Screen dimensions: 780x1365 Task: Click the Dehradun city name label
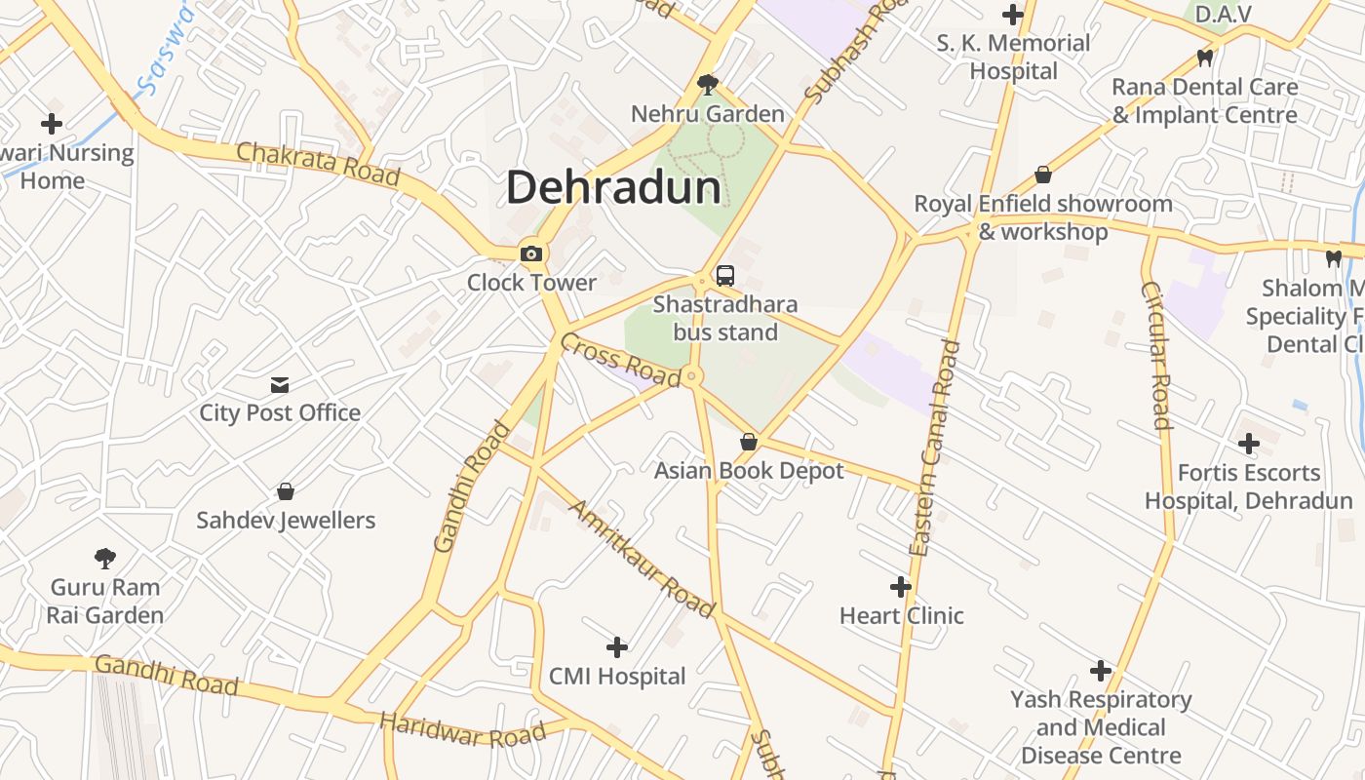click(x=613, y=187)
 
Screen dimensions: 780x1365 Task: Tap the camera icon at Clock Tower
click(x=531, y=254)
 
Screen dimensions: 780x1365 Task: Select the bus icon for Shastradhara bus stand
click(x=725, y=276)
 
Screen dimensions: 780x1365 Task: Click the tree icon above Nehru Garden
click(x=708, y=86)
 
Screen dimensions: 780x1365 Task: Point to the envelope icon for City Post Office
click(x=280, y=384)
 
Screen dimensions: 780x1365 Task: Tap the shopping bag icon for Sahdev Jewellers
click(x=286, y=491)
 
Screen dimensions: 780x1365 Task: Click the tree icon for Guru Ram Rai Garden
click(x=105, y=559)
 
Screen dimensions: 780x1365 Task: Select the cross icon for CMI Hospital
click(x=617, y=647)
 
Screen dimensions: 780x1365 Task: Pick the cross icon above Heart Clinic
click(x=901, y=587)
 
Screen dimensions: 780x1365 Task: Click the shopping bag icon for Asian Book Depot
click(x=749, y=442)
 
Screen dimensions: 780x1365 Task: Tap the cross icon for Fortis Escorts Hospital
click(x=1249, y=445)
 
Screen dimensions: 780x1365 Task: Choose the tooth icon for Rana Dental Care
click(x=1205, y=58)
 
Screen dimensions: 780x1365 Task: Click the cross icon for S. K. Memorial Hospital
click(x=1013, y=15)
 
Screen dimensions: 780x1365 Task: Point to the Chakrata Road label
click(x=318, y=164)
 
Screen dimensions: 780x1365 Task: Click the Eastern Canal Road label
click(x=935, y=448)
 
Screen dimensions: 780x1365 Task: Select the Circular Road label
click(x=1155, y=355)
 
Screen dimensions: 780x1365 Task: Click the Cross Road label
click(x=620, y=359)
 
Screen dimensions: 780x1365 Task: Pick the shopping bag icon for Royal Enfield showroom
click(x=1043, y=175)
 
